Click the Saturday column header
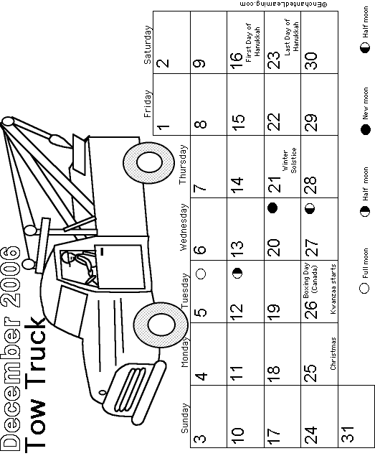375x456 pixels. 148,45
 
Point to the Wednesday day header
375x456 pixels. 184,227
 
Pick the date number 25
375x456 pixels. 310,372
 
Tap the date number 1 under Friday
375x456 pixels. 163,127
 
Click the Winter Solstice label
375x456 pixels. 289,161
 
